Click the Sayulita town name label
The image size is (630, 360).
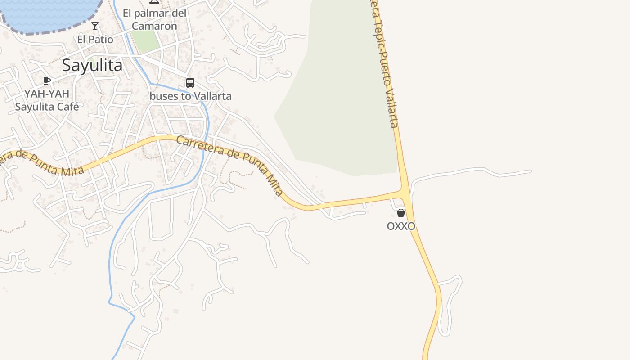(x=92, y=66)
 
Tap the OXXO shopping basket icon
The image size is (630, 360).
(x=401, y=213)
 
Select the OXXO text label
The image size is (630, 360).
(x=401, y=226)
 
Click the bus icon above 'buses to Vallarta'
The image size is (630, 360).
(x=190, y=83)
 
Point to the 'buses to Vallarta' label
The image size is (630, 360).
(x=190, y=96)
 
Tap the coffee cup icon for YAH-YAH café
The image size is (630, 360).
(x=46, y=81)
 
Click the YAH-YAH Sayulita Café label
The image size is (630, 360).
(x=47, y=100)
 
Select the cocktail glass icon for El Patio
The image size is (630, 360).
(x=95, y=26)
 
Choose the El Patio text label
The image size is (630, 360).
(x=95, y=39)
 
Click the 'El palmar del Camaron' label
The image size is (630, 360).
(x=154, y=19)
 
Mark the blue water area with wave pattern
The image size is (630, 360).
(x=49, y=13)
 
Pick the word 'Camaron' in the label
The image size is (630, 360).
(x=154, y=26)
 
